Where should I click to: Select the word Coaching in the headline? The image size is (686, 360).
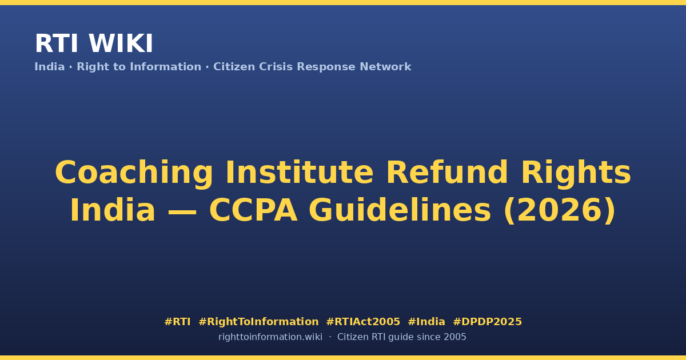[x=134, y=173]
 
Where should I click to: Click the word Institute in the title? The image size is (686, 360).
[x=300, y=172]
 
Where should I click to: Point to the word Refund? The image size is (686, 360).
[x=447, y=172]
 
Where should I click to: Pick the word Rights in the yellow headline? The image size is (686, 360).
[x=576, y=173]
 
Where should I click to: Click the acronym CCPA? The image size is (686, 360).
[x=253, y=210]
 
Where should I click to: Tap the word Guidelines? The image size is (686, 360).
[x=400, y=210]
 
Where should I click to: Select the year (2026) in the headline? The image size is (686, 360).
[x=560, y=211]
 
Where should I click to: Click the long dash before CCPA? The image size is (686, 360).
[x=182, y=212]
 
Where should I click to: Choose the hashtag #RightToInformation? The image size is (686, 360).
[x=258, y=322]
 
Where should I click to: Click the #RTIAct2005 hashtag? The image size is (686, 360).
[x=363, y=322]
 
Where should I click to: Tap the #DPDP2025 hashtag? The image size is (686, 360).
[x=487, y=322]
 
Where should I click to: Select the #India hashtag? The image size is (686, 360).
[x=426, y=322]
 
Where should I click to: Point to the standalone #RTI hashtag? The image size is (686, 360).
[x=177, y=322]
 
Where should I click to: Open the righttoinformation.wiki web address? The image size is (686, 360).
[x=270, y=337]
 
